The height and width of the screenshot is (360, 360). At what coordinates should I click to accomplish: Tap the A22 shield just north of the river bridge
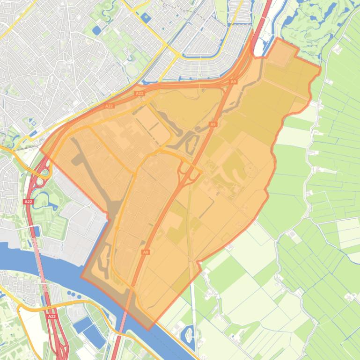(28, 202)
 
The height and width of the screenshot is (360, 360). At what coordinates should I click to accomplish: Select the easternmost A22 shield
(139, 94)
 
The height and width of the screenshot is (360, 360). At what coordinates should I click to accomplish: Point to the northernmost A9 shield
(233, 82)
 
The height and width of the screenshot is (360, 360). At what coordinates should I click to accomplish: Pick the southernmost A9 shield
(146, 252)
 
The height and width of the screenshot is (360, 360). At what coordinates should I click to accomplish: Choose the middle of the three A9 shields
(213, 124)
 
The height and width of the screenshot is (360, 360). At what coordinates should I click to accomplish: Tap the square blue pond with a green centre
(146, 18)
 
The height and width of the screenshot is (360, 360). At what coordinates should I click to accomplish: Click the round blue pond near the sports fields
(96, 30)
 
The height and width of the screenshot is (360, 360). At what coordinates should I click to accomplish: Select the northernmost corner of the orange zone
(279, 39)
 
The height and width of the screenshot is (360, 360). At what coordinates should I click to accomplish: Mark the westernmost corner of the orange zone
(41, 152)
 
